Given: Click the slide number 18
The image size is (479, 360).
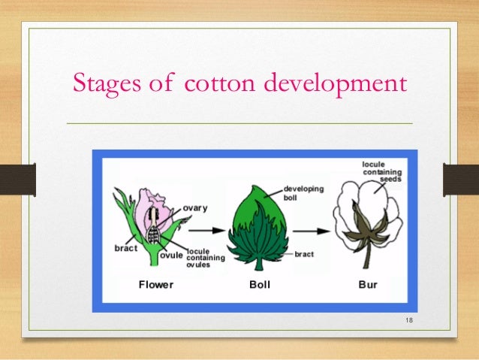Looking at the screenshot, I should point(409,322).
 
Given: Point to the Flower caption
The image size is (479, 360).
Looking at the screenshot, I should point(156,285).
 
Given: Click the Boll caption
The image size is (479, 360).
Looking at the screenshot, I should point(260,285).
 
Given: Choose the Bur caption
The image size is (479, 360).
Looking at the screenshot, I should point(368,285).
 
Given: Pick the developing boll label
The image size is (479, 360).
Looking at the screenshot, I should point(303,192).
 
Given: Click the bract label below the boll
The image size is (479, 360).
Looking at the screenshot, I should point(304,255).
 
